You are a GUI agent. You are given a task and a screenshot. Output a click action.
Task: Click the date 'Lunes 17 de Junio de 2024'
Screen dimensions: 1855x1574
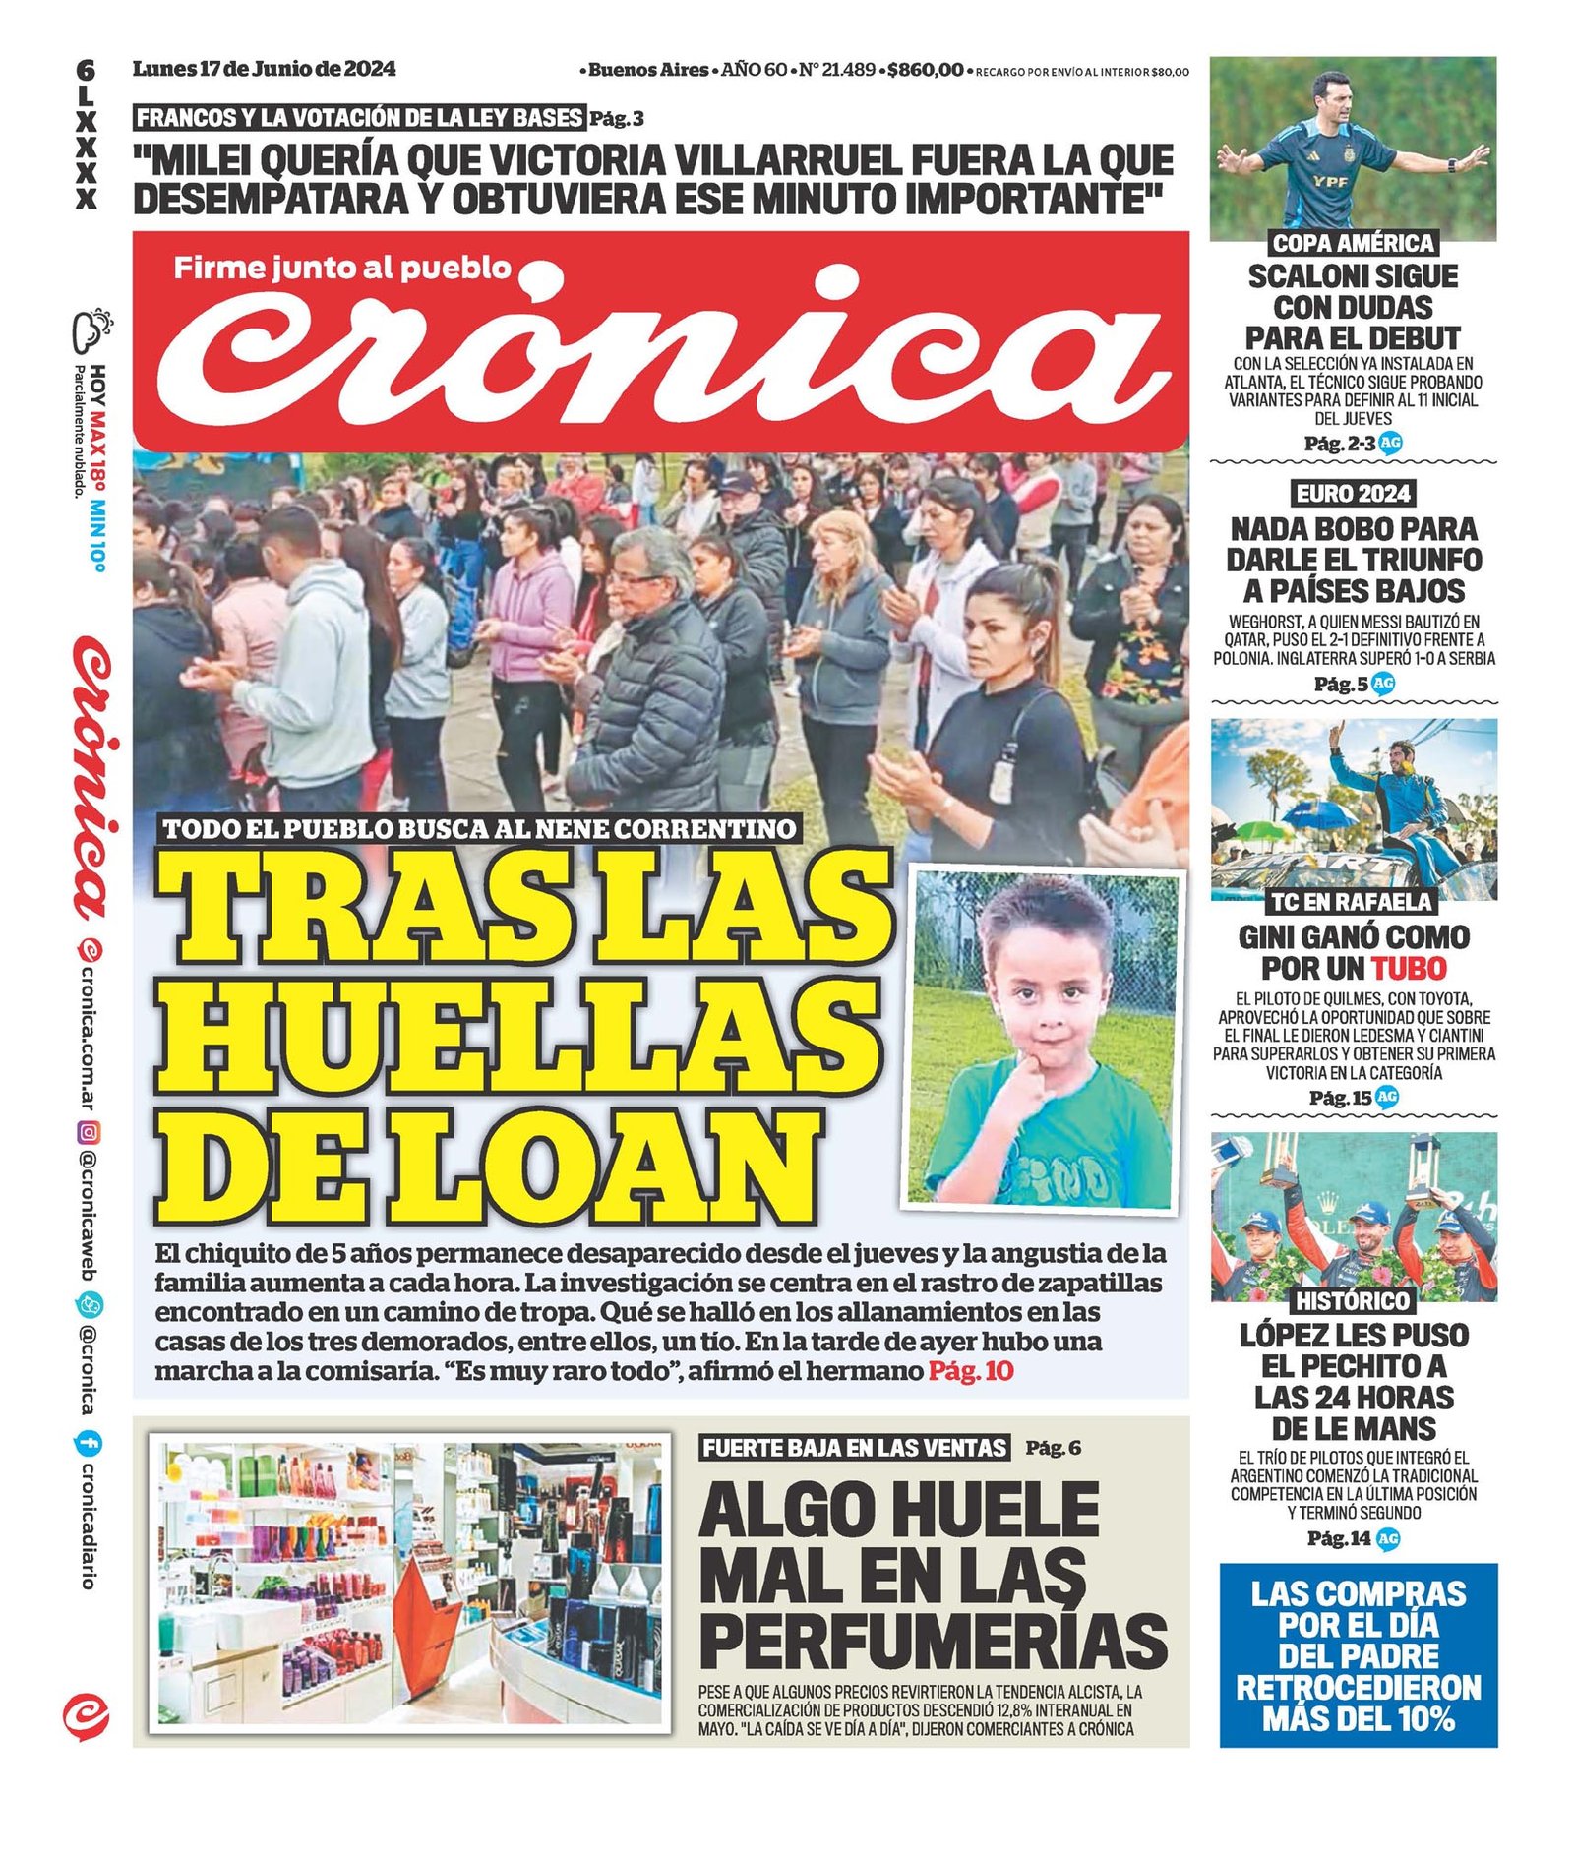pyautogui.click(x=264, y=69)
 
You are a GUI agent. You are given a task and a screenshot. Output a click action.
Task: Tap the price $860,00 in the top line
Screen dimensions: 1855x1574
pyautogui.click(x=924, y=70)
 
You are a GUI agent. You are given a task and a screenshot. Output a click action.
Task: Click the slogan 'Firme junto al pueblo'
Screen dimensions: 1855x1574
pyautogui.click(x=342, y=268)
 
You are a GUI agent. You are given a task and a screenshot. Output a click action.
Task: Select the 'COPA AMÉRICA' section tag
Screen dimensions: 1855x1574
pyautogui.click(x=1353, y=243)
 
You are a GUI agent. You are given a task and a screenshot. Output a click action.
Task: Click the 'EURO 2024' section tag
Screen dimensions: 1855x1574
pyautogui.click(x=1353, y=493)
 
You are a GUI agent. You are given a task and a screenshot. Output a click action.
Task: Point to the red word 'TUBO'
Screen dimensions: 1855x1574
pyautogui.click(x=1409, y=968)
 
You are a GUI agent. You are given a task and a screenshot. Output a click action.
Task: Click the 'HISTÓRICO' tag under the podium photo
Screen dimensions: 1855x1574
pyautogui.click(x=1352, y=1301)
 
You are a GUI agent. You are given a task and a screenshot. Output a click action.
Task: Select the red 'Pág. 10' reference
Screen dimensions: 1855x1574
pyautogui.click(x=970, y=1371)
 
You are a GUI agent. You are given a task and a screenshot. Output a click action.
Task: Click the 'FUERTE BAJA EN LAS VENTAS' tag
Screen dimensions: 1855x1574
pyautogui.click(x=855, y=1448)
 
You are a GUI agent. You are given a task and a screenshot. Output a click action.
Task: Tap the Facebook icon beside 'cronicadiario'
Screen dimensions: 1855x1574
pyautogui.click(x=88, y=1444)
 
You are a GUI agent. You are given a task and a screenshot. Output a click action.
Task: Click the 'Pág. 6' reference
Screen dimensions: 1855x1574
pyautogui.click(x=1053, y=1448)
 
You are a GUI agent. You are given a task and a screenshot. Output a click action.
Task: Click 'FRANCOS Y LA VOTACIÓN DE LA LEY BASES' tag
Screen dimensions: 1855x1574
pyautogui.click(x=359, y=118)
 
